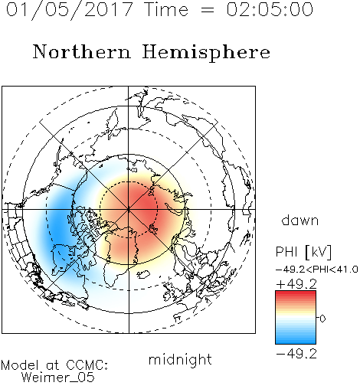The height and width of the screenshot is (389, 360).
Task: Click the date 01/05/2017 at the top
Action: [x=69, y=10]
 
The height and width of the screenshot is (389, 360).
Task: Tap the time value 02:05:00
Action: [x=270, y=9]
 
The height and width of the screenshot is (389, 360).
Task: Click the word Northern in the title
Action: [x=81, y=52]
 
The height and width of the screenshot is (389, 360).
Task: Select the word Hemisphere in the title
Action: [x=206, y=53]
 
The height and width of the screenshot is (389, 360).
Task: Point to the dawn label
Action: [x=300, y=220]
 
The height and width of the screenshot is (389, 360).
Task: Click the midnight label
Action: [x=180, y=360]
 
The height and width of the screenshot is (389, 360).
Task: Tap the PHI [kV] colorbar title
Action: [x=303, y=252]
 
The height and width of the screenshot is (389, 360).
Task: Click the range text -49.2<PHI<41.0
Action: [x=317, y=270]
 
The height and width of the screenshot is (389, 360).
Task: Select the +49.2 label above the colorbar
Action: [x=296, y=284]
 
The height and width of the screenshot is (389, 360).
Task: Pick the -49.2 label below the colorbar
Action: [x=296, y=354]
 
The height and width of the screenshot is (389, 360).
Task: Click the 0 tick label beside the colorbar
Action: [x=322, y=319]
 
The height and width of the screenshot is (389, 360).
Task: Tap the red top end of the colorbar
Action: [x=296, y=293]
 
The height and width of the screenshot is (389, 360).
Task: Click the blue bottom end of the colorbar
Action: [x=296, y=341]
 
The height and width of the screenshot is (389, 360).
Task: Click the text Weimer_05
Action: [x=57, y=378]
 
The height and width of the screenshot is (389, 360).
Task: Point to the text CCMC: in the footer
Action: [x=87, y=365]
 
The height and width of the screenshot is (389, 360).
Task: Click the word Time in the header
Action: [x=166, y=9]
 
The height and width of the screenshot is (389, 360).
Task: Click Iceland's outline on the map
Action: [x=143, y=275]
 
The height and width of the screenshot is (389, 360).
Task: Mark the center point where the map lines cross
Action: [x=129, y=210]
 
